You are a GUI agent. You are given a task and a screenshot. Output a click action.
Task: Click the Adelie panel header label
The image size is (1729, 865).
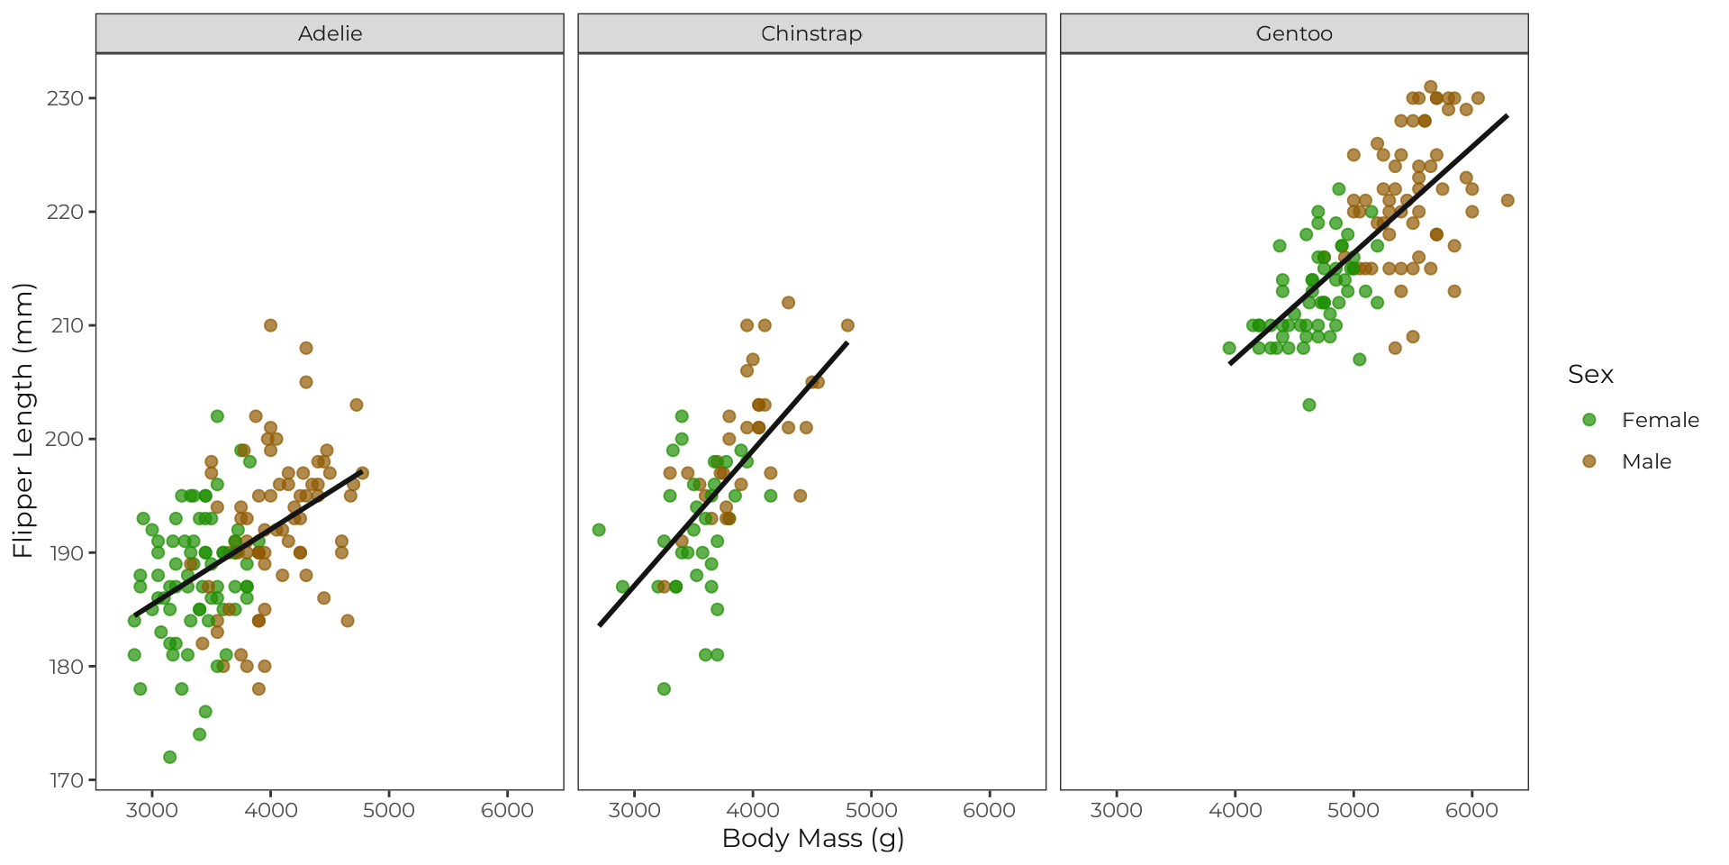tap(330, 33)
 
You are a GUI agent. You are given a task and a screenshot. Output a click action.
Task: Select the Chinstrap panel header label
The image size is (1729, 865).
tap(811, 33)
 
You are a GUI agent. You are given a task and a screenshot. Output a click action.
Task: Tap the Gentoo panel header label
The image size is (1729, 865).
tap(1294, 33)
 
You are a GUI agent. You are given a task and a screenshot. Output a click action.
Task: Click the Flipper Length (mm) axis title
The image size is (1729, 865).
tap(23, 421)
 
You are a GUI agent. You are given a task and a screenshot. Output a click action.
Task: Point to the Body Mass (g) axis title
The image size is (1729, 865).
tap(812, 838)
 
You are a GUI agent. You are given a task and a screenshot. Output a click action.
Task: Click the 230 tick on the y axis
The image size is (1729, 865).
tap(65, 98)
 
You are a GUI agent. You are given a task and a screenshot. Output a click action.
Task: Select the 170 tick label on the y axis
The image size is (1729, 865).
tap(65, 780)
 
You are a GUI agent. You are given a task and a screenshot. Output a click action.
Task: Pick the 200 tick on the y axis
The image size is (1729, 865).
tap(65, 440)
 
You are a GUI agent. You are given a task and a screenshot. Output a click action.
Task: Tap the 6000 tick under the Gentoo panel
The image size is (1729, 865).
tap(1471, 810)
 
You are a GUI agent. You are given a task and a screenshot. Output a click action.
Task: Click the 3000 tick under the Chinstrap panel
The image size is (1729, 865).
tap(634, 810)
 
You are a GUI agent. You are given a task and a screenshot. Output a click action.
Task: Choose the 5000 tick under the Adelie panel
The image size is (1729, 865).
tap(389, 810)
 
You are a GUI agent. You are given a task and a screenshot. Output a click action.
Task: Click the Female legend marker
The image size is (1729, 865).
tap(1589, 420)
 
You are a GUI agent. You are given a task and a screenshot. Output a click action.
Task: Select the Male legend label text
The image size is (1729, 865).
tap(1646, 461)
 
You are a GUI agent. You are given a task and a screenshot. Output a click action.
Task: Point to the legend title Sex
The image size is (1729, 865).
tap(1590, 375)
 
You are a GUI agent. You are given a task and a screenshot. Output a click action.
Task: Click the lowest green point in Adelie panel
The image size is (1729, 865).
tap(169, 757)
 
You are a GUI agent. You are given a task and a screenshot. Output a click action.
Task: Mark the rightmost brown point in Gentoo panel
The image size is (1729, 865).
tap(1507, 200)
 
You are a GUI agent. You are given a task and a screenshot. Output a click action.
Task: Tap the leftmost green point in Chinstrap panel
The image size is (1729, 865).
tap(599, 530)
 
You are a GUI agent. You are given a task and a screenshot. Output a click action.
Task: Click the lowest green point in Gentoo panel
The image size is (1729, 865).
tap(1309, 405)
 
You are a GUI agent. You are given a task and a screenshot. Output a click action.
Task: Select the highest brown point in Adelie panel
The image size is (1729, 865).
tap(270, 325)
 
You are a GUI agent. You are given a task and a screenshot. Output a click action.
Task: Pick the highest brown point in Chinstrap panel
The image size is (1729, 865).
tap(788, 303)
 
